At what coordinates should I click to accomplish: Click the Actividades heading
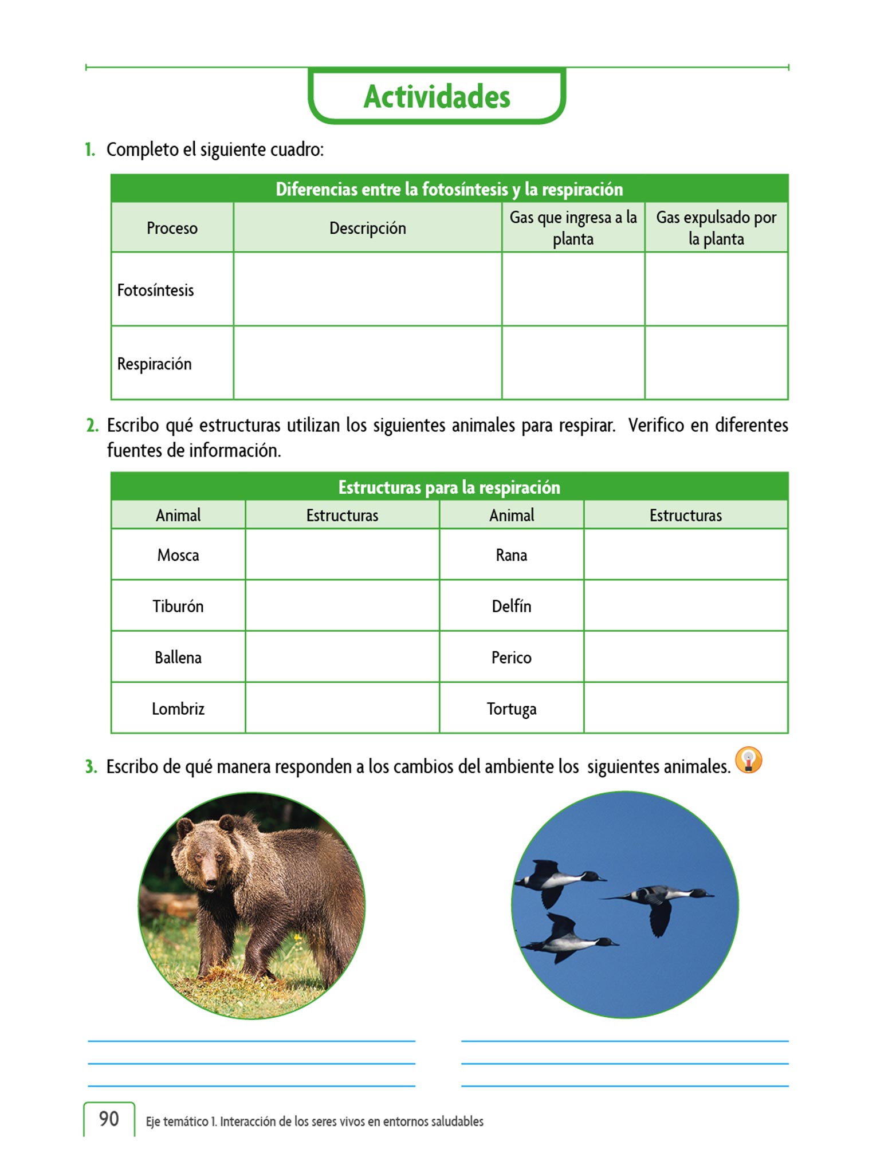437,96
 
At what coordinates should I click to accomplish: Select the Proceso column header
172,228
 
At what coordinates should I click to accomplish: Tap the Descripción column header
367,228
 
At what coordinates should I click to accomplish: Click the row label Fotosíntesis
155,290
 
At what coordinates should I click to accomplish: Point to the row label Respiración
154,364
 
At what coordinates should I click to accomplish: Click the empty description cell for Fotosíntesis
367,289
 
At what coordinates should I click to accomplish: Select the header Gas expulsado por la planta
716,228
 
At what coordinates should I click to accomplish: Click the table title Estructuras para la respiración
449,487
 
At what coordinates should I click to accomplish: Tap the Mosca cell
178,555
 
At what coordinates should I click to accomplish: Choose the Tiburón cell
178,606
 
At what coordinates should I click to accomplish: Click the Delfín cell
512,606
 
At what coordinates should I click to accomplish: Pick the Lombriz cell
178,708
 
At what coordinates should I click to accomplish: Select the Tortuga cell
512,708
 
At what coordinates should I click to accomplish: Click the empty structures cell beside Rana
686,554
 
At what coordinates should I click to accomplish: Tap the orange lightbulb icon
749,761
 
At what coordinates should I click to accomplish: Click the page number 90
109,1119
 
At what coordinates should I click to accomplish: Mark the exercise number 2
92,426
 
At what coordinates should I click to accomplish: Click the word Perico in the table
512,658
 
